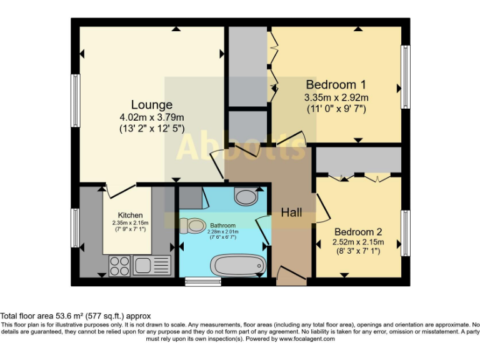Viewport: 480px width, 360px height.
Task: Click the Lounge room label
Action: click(x=152, y=104)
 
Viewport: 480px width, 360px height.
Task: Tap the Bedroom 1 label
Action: click(x=336, y=84)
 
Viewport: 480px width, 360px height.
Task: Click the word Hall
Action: click(x=291, y=212)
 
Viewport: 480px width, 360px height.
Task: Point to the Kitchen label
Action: click(x=131, y=215)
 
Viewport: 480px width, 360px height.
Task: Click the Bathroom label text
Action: click(x=222, y=226)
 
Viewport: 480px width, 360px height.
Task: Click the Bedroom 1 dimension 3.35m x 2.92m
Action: click(x=336, y=97)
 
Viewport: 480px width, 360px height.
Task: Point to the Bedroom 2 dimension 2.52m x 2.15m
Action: click(x=358, y=242)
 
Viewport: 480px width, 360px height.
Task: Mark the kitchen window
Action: click(x=76, y=227)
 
